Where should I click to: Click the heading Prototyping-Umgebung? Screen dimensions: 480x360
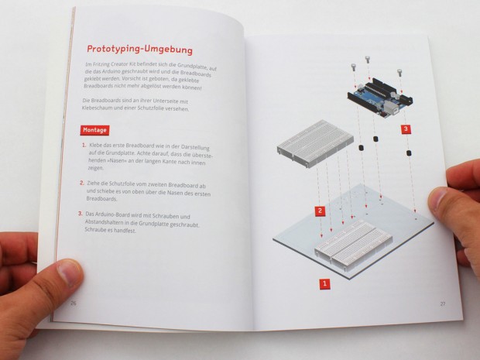tap(139, 50)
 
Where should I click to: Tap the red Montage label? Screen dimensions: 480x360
tap(95, 130)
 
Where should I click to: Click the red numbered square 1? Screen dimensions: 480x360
tap(325, 284)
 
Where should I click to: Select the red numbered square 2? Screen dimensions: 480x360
tap(321, 211)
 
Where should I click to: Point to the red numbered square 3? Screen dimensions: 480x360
tap(406, 129)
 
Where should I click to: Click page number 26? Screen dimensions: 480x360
tap(74, 303)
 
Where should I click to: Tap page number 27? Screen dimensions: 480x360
tap(443, 304)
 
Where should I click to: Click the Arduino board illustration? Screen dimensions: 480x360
tap(380, 98)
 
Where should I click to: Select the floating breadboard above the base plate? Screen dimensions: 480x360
tap(315, 143)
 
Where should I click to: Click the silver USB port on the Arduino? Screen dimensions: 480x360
tap(390, 108)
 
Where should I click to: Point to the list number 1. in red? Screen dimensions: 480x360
tap(84, 145)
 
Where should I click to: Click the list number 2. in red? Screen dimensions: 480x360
tap(82, 183)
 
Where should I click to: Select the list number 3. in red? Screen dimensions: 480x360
tap(81, 214)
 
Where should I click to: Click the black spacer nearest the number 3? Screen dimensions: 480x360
tap(408, 153)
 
